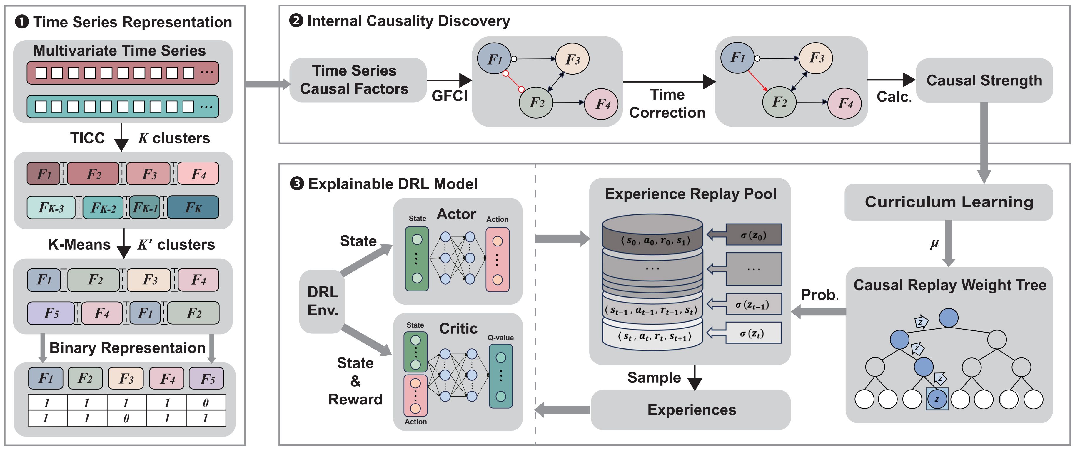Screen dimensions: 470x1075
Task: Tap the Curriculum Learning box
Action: (948, 202)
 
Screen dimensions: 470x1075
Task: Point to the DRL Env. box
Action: (322, 301)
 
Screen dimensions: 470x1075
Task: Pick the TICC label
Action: (87, 138)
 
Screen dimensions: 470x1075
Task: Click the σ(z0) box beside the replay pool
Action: (753, 235)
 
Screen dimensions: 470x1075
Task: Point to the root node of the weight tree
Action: (948, 318)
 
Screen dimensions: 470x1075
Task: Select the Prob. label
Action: (819, 295)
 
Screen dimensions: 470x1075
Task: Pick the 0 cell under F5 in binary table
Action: (206, 402)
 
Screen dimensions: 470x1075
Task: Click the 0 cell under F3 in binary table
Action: (126, 418)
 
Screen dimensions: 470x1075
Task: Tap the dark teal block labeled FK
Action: (193, 207)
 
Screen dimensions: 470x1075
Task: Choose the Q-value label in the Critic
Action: (500, 338)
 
